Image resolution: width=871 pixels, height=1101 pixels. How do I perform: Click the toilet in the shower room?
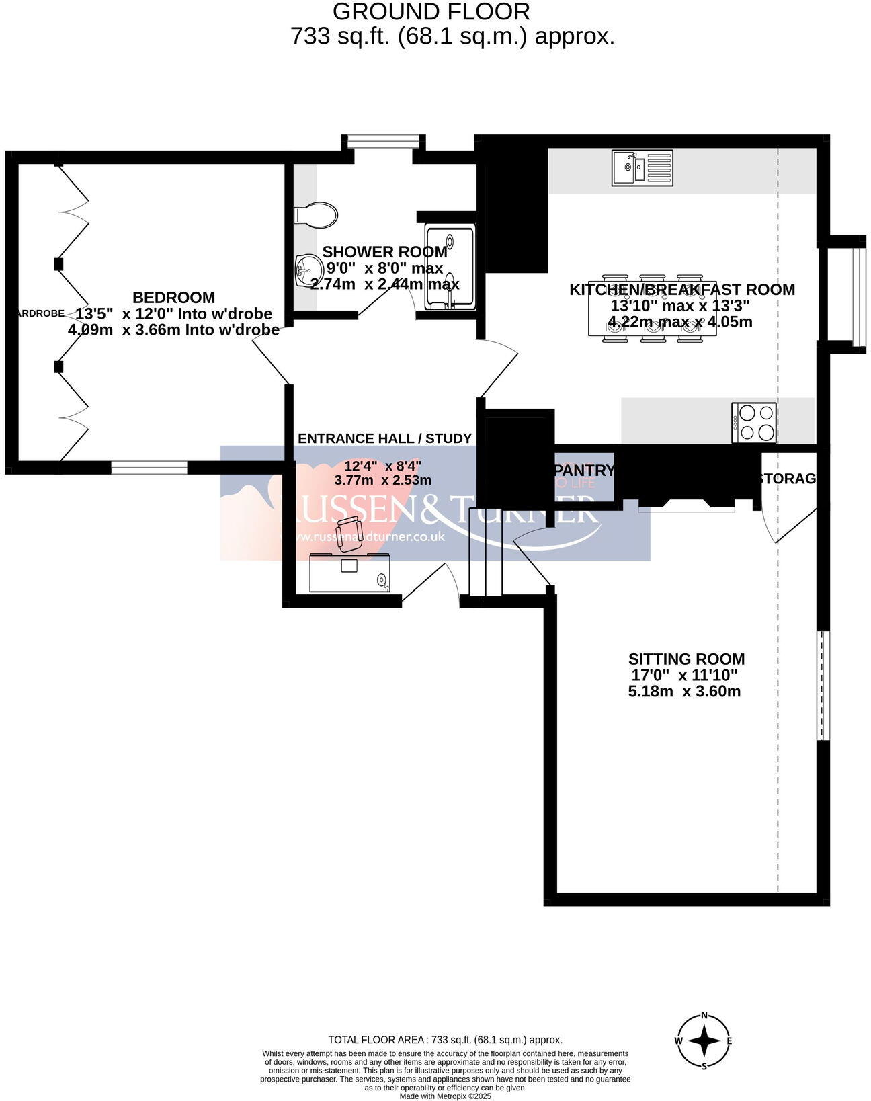[316, 215]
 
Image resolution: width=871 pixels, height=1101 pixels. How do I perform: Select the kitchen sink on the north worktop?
[642, 167]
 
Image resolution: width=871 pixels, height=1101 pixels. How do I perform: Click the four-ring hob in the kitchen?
[754, 423]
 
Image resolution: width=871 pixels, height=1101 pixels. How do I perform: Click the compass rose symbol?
[704, 1041]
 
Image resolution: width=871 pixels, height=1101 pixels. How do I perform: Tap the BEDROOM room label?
[173, 297]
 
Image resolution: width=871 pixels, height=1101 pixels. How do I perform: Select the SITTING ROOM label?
[686, 659]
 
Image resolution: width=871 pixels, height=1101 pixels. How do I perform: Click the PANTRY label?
[583, 471]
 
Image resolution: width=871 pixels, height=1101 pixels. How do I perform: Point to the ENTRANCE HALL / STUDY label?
[384, 438]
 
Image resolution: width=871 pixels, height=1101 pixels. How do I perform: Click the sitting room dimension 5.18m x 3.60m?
[684, 691]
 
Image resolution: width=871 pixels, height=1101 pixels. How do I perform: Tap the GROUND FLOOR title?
[431, 11]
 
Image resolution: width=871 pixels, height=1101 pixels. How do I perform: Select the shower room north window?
[383, 140]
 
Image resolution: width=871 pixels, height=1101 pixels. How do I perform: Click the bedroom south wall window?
[149, 468]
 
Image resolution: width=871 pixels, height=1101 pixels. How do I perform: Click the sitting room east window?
[823, 686]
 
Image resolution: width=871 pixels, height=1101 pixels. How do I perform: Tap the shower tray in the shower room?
[450, 268]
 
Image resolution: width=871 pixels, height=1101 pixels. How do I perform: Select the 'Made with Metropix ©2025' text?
[445, 1096]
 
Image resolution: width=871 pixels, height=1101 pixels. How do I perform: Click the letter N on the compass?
[704, 1015]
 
